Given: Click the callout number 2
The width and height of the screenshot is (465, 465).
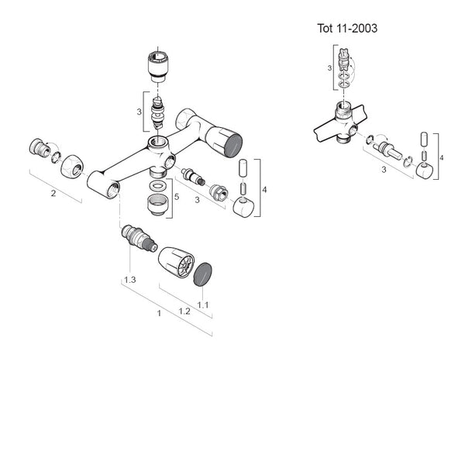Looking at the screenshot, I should coord(53,193).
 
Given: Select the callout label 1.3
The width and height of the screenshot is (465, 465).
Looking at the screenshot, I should coord(130,279).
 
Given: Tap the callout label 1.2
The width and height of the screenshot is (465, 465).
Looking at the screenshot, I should coord(184,310).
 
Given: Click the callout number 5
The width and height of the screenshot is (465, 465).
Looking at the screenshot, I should coord(176,197).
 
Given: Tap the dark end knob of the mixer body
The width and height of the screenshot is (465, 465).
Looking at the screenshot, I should coord(230,143).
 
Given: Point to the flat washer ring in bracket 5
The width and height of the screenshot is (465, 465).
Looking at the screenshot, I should coord(157,187).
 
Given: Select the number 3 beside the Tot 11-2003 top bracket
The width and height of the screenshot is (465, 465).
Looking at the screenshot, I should coord(330,68).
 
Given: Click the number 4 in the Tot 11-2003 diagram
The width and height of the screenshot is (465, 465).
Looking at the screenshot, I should coord(442,158).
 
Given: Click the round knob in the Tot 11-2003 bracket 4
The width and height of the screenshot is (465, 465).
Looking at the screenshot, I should coord(424,170).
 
